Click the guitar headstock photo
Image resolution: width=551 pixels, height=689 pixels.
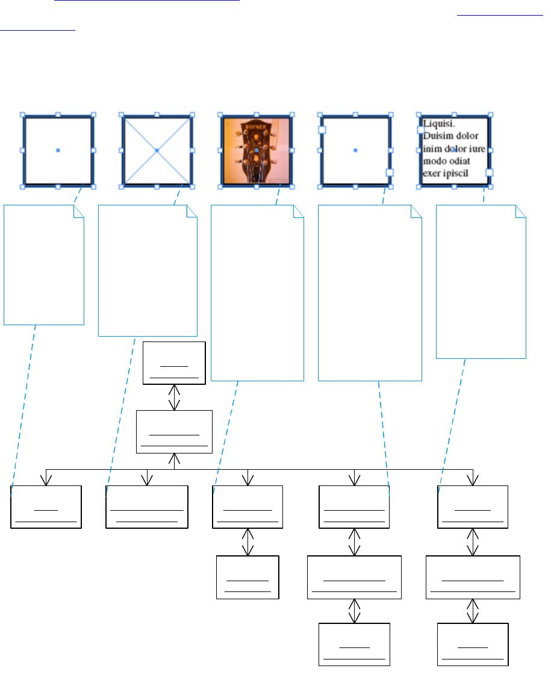tap(257, 151)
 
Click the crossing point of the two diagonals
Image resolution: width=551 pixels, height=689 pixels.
tap(157, 150)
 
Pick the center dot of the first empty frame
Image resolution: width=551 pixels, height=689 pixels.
tap(58, 150)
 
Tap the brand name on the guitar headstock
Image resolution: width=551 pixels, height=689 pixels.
tap(257, 128)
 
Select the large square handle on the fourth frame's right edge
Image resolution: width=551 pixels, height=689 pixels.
tap(389, 173)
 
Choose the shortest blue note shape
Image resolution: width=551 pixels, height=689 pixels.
tap(43, 265)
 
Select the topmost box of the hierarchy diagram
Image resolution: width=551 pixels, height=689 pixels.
tap(175, 363)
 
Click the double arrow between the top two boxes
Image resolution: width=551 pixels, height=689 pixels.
tap(175, 397)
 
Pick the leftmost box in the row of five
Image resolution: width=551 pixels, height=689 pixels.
tap(46, 507)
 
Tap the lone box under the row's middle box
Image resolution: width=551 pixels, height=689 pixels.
tap(247, 578)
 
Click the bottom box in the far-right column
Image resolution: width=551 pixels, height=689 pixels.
tap(473, 644)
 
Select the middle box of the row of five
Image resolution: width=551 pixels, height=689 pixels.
tap(247, 507)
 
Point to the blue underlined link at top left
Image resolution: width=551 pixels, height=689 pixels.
tap(147, 2)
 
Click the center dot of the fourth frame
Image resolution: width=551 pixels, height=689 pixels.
tap(355, 150)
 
